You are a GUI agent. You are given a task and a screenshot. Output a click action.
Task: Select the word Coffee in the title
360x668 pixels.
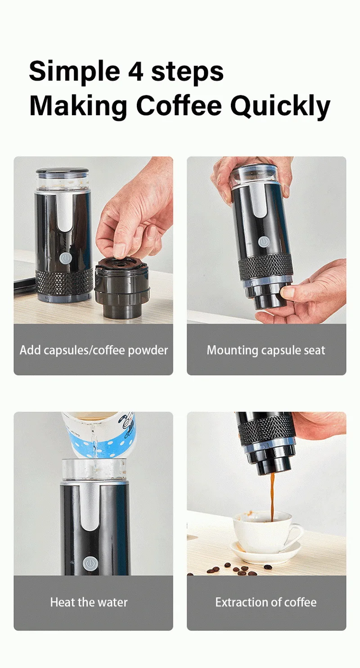pos(179,106)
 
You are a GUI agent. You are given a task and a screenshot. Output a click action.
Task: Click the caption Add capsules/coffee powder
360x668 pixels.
pos(94,350)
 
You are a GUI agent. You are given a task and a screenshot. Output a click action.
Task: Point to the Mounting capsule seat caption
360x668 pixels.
pos(266,350)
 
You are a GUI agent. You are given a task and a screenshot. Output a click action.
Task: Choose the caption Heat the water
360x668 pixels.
pos(89,602)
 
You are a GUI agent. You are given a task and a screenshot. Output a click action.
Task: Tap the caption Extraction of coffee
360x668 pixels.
pos(266,602)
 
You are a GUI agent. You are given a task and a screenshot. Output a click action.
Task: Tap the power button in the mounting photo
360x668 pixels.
pos(263,242)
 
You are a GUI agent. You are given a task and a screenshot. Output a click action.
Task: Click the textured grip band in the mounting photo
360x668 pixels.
pos(265,267)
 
